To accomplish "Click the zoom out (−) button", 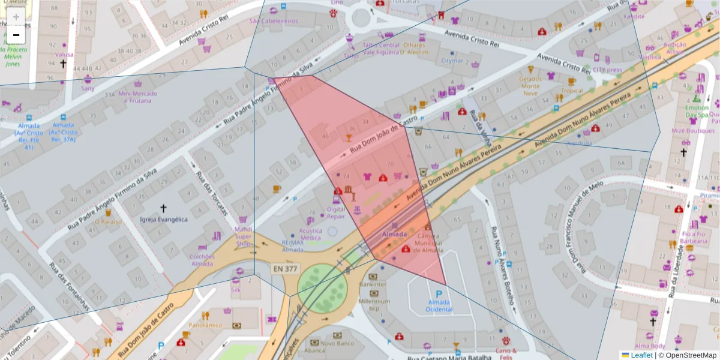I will [x=16, y=35].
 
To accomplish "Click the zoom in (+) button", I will [x=16, y=16].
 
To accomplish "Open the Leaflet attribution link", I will [x=641, y=355].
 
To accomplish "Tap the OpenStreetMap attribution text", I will [x=691, y=355].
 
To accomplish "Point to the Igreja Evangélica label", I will [x=163, y=220].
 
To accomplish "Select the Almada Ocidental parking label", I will [x=439, y=305].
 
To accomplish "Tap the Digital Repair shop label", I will [x=335, y=213].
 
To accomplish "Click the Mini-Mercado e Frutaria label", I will [x=138, y=97].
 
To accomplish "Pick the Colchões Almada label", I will [x=202, y=260].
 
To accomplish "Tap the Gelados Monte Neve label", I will [x=530, y=86].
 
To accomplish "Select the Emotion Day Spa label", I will [x=697, y=111].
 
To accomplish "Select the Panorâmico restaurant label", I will [x=205, y=325].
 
